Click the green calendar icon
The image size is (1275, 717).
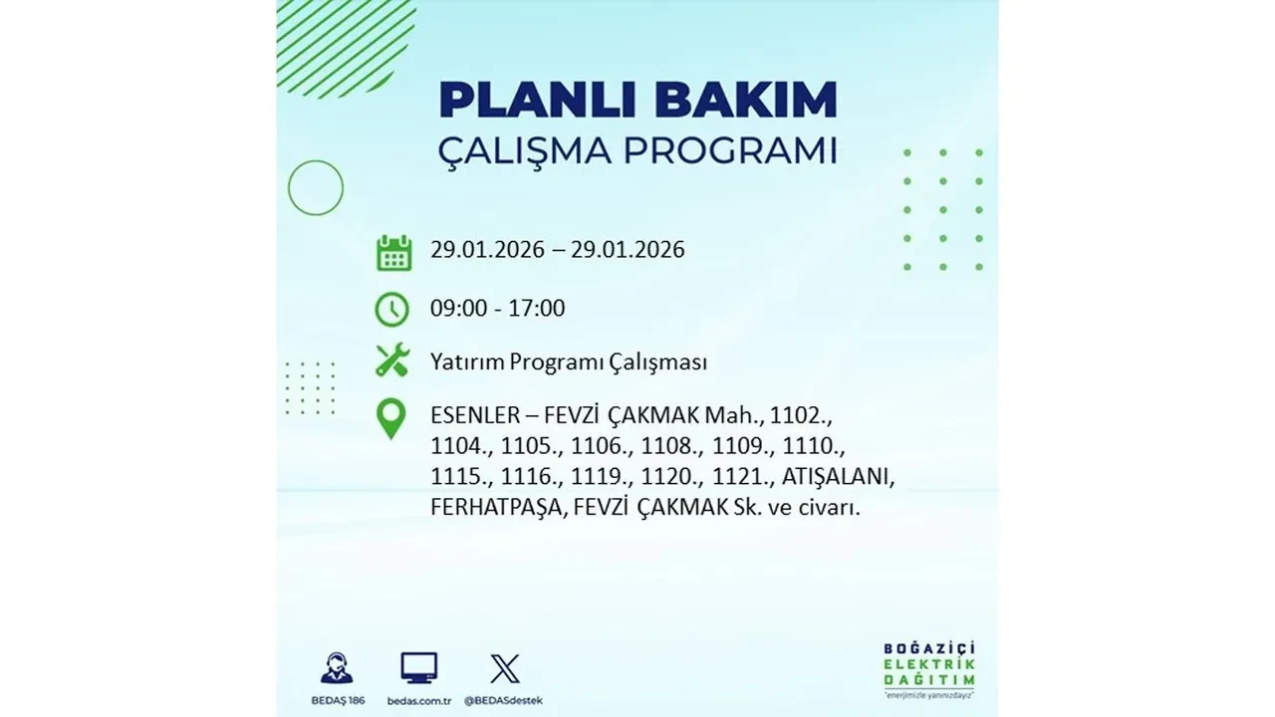point(393,252)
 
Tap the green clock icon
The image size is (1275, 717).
point(392,309)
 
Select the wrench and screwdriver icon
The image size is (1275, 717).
point(392,360)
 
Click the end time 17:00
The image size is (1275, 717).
point(537,309)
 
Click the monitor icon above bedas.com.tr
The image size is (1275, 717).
point(418,668)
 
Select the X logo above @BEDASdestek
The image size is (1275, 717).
point(505,668)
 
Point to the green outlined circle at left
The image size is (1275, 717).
point(316,187)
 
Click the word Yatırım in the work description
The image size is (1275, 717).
point(467,361)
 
